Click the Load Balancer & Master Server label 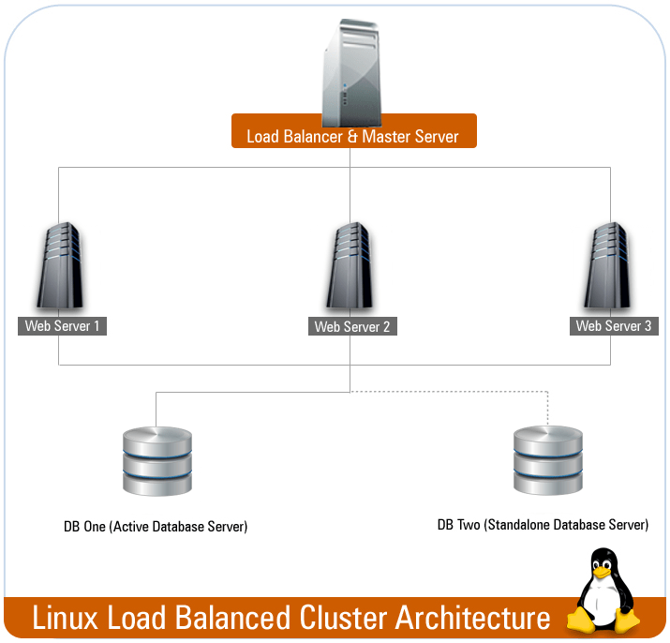[x=353, y=136]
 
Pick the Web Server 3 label [x=614, y=326]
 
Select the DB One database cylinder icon [x=156, y=460]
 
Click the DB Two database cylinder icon [x=548, y=460]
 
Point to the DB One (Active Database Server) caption [x=156, y=527]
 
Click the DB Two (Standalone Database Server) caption [x=543, y=525]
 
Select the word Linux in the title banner [x=67, y=618]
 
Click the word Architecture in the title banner [x=472, y=618]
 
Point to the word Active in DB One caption [x=130, y=527]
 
